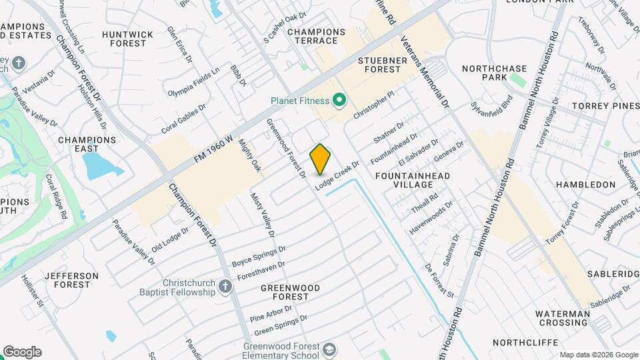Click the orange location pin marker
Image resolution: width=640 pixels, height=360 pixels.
click(x=320, y=159)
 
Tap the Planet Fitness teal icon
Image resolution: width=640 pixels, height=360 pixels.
click(x=339, y=101)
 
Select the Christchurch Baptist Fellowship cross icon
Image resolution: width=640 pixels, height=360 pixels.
click(x=225, y=287)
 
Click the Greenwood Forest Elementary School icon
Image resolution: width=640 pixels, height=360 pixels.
click(x=329, y=350)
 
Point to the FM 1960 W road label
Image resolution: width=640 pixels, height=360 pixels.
click(x=213, y=149)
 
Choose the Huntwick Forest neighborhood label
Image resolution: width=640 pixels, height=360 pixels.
click(x=128, y=39)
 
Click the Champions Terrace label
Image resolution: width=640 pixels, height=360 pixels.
click(x=316, y=36)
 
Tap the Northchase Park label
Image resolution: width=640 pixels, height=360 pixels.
click(x=494, y=73)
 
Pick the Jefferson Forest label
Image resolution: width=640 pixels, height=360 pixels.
click(x=71, y=280)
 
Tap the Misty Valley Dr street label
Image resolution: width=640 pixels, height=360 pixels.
click(x=262, y=215)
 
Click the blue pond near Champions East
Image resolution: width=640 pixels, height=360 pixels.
click(x=100, y=165)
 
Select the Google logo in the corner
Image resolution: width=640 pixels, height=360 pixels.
click(x=22, y=352)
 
